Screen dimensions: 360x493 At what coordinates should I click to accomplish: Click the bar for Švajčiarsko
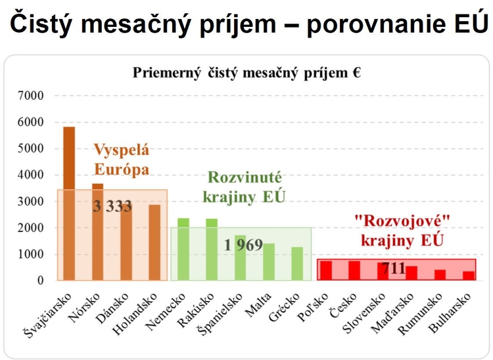coord(69,204)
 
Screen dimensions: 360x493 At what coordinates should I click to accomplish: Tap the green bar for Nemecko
coord(183,249)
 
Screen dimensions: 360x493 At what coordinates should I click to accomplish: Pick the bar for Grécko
coord(298,263)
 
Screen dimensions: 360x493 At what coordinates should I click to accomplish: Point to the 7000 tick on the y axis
coord(31,96)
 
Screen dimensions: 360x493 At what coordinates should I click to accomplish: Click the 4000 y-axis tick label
coord(31,175)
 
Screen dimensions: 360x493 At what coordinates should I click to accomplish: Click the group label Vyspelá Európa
coord(121,160)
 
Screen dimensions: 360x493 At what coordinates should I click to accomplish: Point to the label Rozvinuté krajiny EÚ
coord(245,187)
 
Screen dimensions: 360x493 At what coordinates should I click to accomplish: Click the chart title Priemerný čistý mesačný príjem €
coord(246,73)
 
